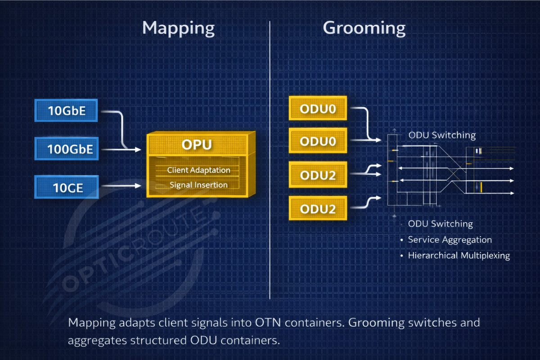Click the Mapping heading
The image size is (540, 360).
pos(178,28)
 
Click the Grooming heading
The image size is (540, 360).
pos(364,28)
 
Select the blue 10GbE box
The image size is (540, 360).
pos(66,110)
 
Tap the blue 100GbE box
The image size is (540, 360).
pos(66,148)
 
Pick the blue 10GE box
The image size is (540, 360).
pos(66,187)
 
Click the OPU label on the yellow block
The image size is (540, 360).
pos(197,145)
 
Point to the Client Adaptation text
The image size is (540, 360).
pos(198,170)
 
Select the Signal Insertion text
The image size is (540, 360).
pos(198,185)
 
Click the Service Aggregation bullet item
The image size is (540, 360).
pos(450,240)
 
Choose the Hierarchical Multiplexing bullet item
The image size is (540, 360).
pos(459,256)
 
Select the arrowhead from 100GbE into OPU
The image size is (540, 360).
pos(138,149)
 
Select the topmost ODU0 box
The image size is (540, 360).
pos(318,108)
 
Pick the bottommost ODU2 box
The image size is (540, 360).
pos(318,209)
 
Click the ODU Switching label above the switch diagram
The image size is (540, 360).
pos(441,135)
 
